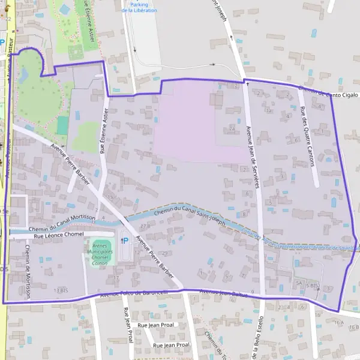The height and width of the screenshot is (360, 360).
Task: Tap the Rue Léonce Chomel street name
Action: pos(58,236)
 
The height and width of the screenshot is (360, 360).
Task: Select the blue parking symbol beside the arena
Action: pos(125,241)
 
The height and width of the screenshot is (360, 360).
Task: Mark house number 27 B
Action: pos(144,226)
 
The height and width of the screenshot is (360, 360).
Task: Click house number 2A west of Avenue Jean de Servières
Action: pos(232,128)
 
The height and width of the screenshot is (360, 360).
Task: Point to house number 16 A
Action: pos(340,323)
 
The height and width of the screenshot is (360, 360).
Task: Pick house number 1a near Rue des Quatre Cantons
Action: pos(269,111)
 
